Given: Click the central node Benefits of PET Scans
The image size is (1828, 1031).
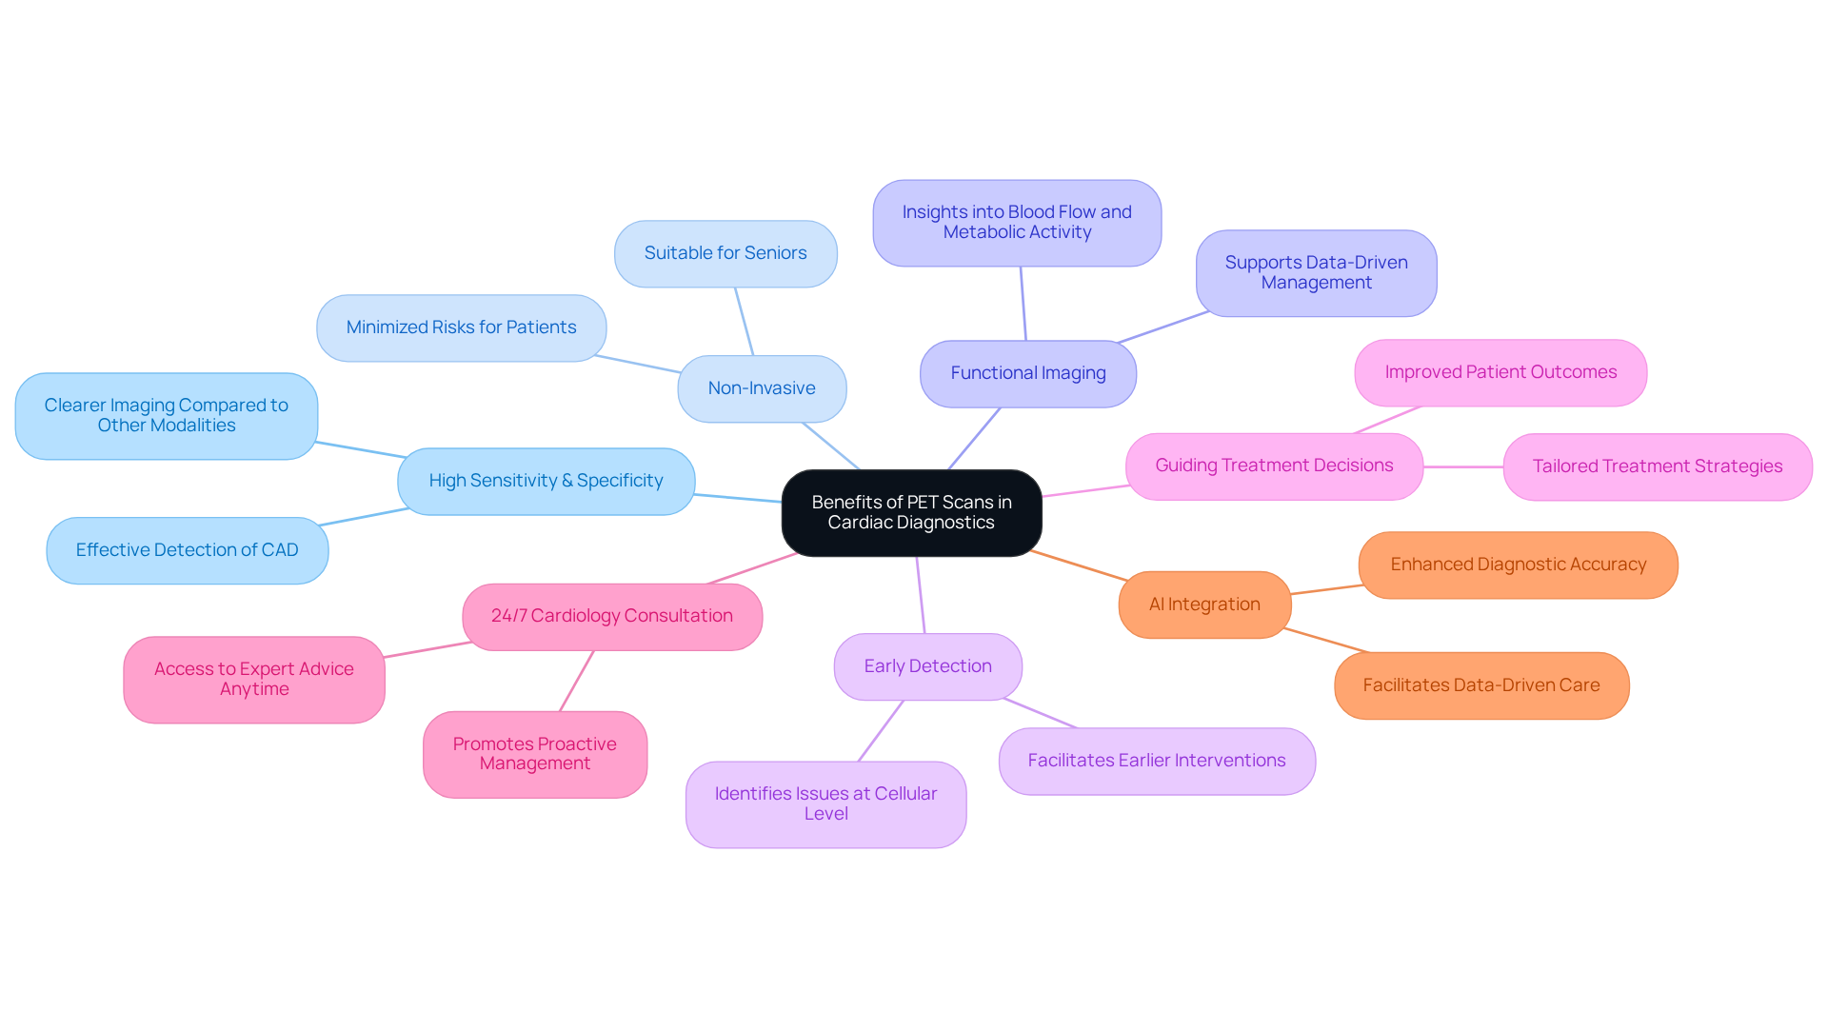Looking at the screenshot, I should [911, 512].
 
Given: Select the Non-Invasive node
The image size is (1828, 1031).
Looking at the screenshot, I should [762, 388].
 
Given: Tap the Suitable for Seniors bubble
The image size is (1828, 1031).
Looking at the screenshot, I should [725, 253].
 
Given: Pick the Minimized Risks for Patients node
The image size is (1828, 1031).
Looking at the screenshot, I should [461, 327].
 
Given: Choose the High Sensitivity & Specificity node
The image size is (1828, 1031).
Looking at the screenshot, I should [546, 481].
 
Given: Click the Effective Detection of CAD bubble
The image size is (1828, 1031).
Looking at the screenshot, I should [187, 550].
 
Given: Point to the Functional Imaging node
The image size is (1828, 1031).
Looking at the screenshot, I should [1027, 373].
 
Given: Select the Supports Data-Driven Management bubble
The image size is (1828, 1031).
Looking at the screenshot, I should [1316, 272].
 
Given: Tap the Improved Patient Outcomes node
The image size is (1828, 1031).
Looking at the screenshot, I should [1500, 372].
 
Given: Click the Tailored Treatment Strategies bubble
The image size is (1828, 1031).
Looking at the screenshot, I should [1657, 466].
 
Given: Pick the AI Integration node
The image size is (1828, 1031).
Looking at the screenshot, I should [1204, 605].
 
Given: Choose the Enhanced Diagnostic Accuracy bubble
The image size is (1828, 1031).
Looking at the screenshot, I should [1518, 565].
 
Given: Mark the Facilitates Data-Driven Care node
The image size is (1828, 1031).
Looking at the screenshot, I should [1480, 685].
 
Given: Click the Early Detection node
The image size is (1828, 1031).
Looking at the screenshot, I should [927, 666].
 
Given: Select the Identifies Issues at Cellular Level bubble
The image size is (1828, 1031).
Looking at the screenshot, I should [825, 803].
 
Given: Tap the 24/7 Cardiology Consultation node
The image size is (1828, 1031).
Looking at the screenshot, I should [611, 616].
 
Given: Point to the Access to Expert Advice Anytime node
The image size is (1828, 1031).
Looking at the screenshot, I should [253, 679].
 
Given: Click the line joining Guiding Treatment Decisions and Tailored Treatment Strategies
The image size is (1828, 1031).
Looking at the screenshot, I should [1463, 466].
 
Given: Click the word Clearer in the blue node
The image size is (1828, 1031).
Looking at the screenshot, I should [74, 406].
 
